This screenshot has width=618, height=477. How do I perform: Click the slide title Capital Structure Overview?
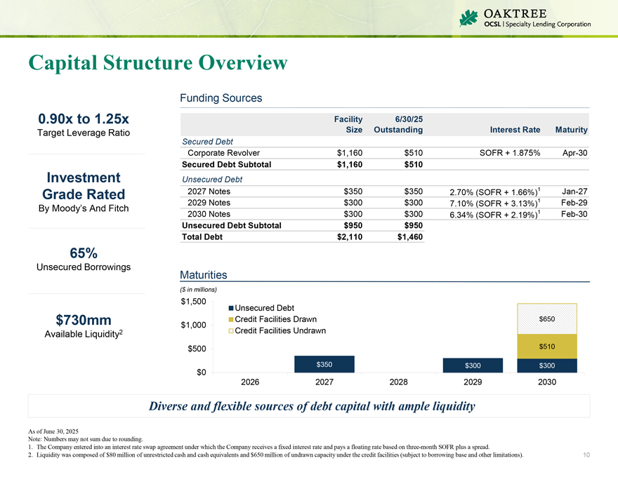click(x=158, y=62)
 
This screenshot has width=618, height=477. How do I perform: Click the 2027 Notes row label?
click(x=209, y=191)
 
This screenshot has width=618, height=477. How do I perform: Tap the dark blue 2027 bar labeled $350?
click(x=324, y=364)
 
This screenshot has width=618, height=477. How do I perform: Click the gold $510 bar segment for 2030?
click(x=547, y=346)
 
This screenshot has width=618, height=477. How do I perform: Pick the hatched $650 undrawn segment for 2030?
click(x=547, y=318)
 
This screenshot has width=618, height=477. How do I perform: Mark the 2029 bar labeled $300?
click(x=473, y=365)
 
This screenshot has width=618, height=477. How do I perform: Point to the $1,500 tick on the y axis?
click(x=193, y=302)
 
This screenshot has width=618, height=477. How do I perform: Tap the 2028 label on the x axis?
click(x=399, y=383)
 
